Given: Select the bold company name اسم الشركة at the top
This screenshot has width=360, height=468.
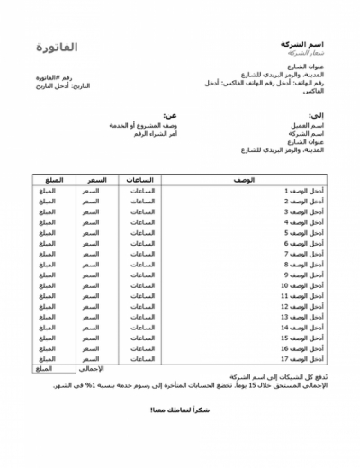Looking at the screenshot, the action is (303, 43).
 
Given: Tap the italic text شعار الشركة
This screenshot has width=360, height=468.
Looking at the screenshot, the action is (303, 53).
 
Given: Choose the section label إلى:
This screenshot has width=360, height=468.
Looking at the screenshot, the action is (316, 115).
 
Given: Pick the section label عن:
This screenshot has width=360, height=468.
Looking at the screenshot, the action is (170, 115).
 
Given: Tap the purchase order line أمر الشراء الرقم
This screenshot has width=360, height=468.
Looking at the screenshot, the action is (151, 133).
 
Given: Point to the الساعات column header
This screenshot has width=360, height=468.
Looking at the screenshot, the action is (143, 180).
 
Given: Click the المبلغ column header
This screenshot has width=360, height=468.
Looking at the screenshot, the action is (52, 180).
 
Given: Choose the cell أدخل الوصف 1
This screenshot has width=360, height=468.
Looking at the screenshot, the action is (303, 191).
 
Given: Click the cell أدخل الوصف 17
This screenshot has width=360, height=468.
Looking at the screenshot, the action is (302, 358).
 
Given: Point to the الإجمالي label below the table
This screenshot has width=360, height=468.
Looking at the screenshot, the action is (94, 369).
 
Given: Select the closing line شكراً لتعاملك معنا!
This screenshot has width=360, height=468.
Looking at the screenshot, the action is (179, 409).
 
